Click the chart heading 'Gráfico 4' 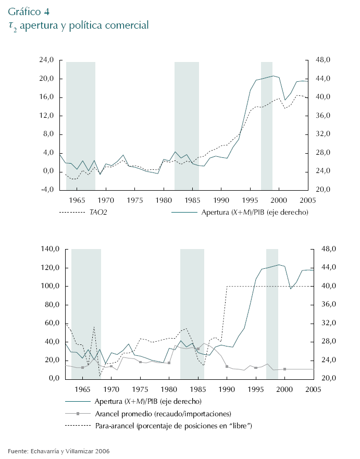tap(29, 11)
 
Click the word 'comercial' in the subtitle tap(126, 25)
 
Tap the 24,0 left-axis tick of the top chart tap(46, 60)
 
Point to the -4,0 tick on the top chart tap(46, 190)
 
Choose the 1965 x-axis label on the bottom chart tap(82, 389)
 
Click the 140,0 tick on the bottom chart tap(45, 250)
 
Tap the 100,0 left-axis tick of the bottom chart tap(45, 287)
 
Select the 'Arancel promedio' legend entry tap(163, 414)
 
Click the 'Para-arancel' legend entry tap(173, 426)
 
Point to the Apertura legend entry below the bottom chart tap(148, 401)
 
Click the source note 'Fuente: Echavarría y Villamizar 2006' tap(58, 451)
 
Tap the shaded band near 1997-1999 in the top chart tap(267, 125)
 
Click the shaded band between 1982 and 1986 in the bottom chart tap(192, 313)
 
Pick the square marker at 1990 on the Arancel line tap(227, 367)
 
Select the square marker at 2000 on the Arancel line tap(284, 369)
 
